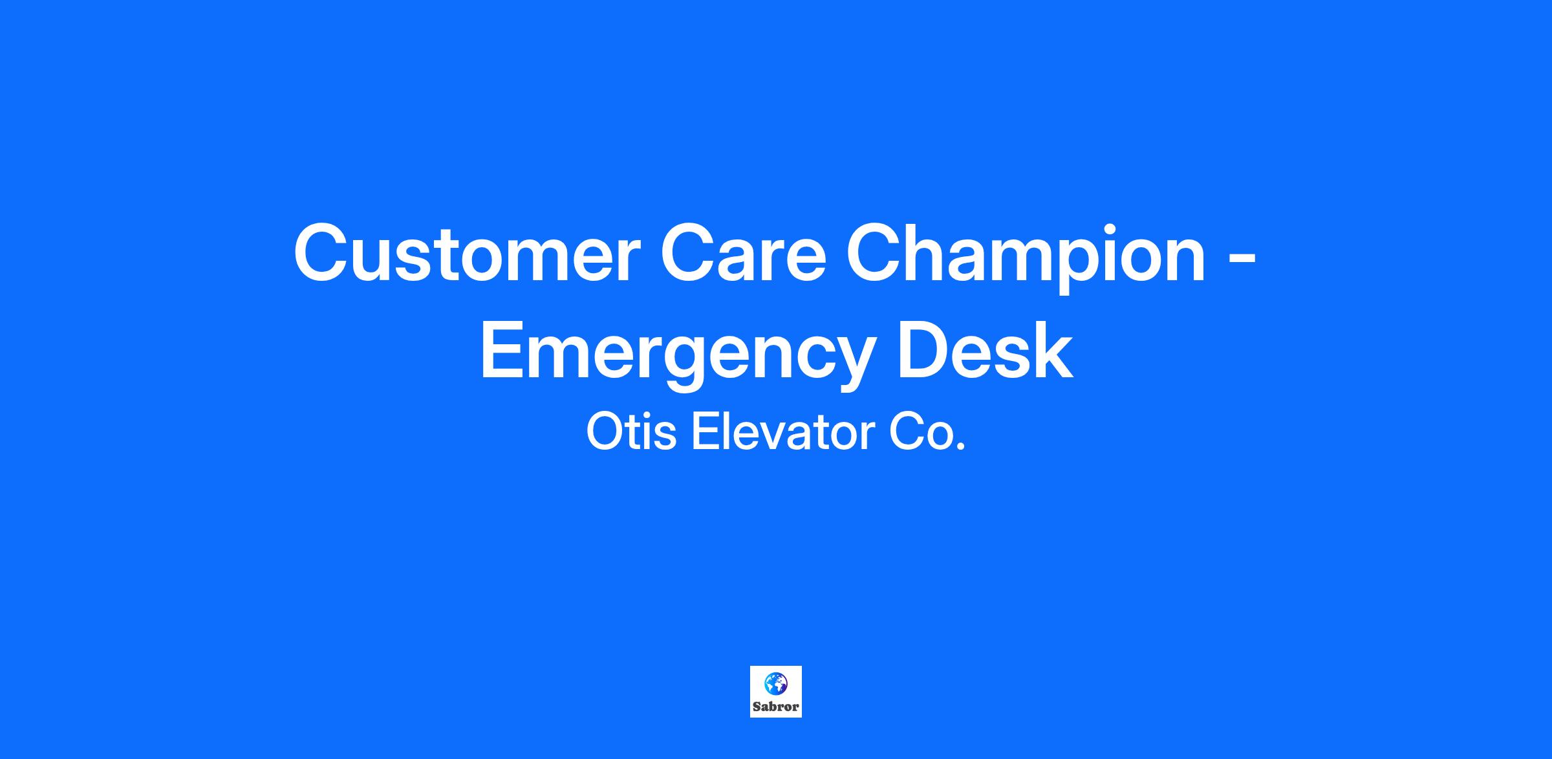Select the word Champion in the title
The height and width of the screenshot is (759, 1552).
pos(1026,258)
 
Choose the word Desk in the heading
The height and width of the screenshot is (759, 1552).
pos(984,350)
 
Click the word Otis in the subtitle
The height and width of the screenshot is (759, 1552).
pos(631,432)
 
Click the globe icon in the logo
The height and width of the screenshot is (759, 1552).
pos(775,682)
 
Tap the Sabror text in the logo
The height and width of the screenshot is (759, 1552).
pos(775,707)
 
